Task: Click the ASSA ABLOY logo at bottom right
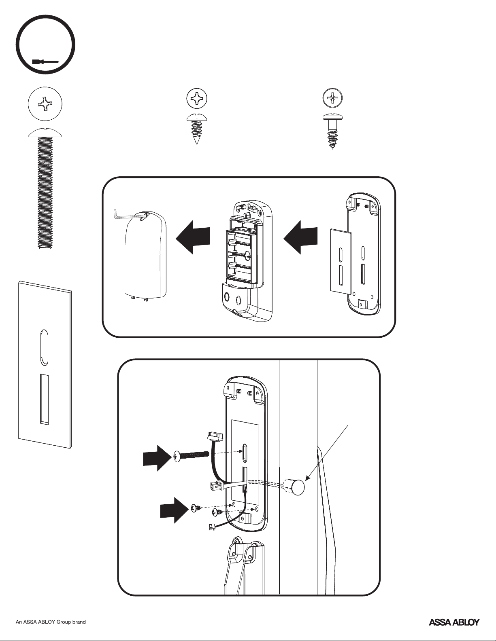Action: click(454, 622)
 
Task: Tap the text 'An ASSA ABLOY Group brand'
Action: click(51, 622)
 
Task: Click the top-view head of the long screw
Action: click(45, 104)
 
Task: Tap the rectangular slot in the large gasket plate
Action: click(44, 399)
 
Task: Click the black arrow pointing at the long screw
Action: click(156, 458)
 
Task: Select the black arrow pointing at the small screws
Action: click(173, 510)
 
